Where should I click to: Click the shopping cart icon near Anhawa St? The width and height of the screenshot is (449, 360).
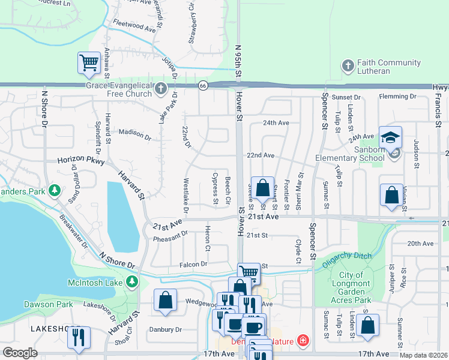tap(89, 62)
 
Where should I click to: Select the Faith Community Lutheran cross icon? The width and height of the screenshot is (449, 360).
tap(348, 66)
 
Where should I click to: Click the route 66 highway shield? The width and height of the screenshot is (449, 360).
tap(203, 86)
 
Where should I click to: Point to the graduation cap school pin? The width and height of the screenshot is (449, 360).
tap(390, 137)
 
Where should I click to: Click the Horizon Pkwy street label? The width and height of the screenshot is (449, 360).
tap(81, 161)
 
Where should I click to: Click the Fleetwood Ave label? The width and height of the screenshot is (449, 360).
tap(134, 26)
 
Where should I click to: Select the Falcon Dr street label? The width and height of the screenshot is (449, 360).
tap(193, 264)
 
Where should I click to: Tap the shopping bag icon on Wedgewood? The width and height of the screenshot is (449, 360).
tap(165, 301)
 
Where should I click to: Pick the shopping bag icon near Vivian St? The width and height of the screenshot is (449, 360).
tap(391, 195)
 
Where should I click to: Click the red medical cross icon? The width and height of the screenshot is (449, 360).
tap(303, 341)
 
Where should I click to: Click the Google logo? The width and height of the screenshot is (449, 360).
tap(20, 353)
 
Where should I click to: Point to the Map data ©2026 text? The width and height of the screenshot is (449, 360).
tap(424, 355)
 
